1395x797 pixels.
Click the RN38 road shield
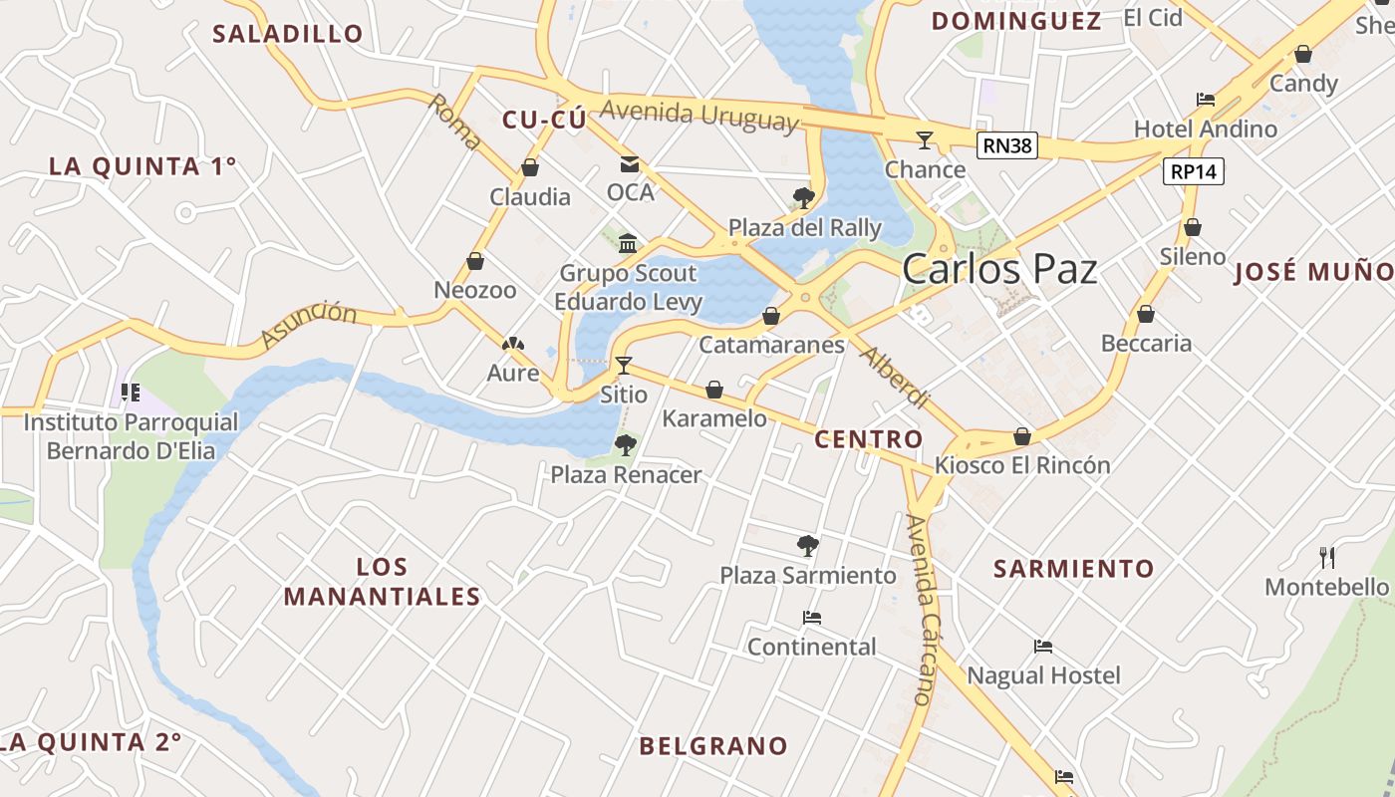(1006, 146)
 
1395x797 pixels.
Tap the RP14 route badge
(1193, 171)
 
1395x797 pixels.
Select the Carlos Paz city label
(999, 270)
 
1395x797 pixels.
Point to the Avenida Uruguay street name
(699, 114)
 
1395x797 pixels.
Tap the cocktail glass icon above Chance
(925, 139)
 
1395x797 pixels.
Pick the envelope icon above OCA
(630, 163)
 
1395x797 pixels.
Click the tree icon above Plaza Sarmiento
(808, 546)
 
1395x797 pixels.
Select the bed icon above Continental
(812, 618)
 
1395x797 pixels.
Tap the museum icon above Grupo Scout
(628, 243)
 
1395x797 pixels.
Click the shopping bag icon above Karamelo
(714, 390)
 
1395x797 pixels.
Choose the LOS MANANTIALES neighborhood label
(383, 582)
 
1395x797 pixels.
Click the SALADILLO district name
(288, 34)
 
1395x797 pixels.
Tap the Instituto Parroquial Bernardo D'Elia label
(131, 436)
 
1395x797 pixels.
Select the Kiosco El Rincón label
(1022, 465)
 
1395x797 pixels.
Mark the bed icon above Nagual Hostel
(1043, 647)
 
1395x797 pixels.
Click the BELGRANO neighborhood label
(713, 745)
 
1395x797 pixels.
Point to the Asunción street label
(309, 325)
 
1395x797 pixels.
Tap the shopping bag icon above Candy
(1302, 54)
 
